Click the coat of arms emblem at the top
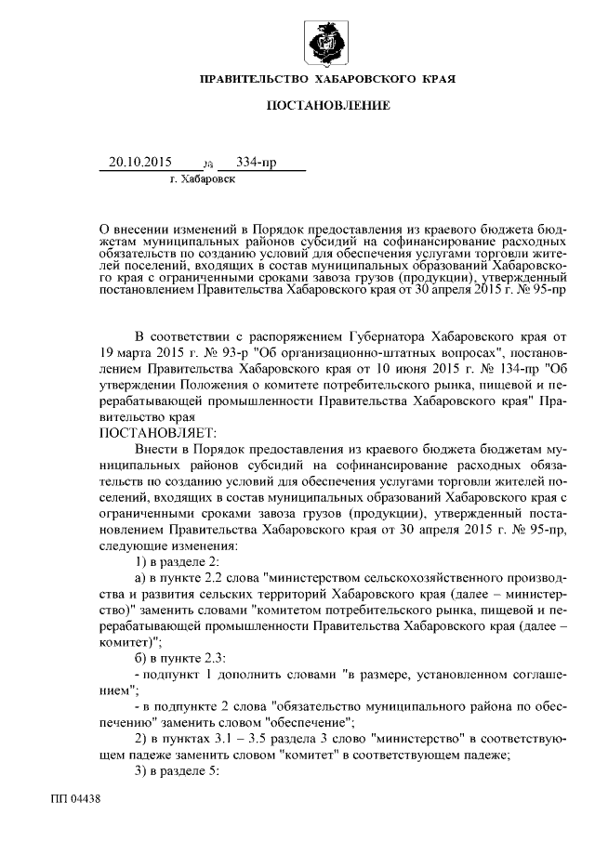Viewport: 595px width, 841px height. [x=328, y=40]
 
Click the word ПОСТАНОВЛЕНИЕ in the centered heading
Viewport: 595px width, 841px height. [x=328, y=107]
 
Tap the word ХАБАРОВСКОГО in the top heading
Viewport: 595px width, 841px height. [x=368, y=80]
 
